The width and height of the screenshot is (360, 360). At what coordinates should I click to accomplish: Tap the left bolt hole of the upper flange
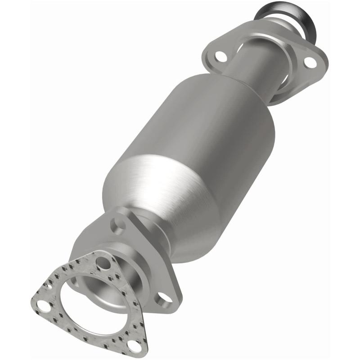click(x=220, y=56)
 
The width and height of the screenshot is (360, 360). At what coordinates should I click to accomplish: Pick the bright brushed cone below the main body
click(x=148, y=189)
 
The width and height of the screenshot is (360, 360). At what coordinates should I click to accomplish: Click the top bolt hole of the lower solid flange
click(x=118, y=224)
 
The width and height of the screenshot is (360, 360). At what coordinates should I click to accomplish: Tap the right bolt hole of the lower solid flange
click(x=165, y=297)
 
